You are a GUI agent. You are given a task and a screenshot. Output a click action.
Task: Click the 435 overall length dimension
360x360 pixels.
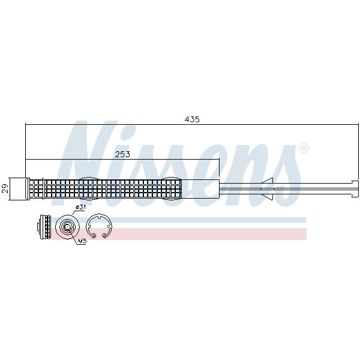click(192, 119)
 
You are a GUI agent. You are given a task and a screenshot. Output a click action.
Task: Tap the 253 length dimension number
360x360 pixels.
click(122, 154)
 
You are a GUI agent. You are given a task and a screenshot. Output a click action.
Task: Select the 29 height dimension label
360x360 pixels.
click(5, 188)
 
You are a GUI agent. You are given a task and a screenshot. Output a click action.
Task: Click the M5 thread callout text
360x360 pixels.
click(82, 241)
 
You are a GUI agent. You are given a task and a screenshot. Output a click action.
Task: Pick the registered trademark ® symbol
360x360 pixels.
click(304, 148)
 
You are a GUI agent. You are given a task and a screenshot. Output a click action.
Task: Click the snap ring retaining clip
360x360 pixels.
click(99, 227)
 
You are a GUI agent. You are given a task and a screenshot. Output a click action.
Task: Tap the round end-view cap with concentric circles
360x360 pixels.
click(67, 227)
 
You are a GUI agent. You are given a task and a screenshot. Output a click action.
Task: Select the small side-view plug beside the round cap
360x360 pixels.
click(44, 227)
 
